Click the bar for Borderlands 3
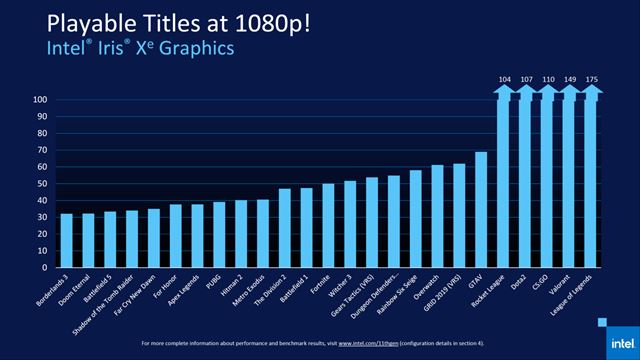(67, 241)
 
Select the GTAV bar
(480, 210)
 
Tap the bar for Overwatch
(437, 217)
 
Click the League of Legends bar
(589, 180)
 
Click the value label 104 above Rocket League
(503, 77)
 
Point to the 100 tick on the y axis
(41, 100)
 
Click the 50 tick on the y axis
(43, 184)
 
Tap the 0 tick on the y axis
(46, 268)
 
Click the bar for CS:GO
(546, 180)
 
